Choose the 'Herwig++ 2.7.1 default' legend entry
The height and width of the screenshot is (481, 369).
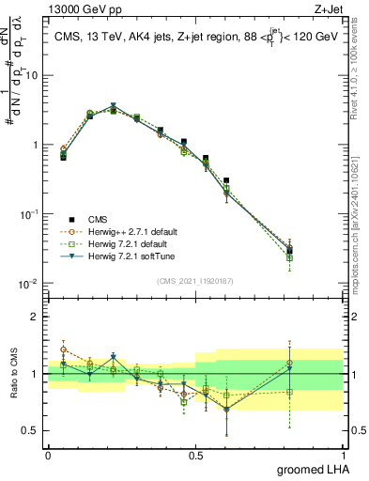(x=131, y=231)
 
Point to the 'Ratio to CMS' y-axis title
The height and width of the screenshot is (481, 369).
(x=16, y=374)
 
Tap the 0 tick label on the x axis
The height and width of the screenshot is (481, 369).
(x=48, y=454)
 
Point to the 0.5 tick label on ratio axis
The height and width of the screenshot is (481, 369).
(x=30, y=431)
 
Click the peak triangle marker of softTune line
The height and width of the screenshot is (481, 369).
(x=113, y=106)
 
